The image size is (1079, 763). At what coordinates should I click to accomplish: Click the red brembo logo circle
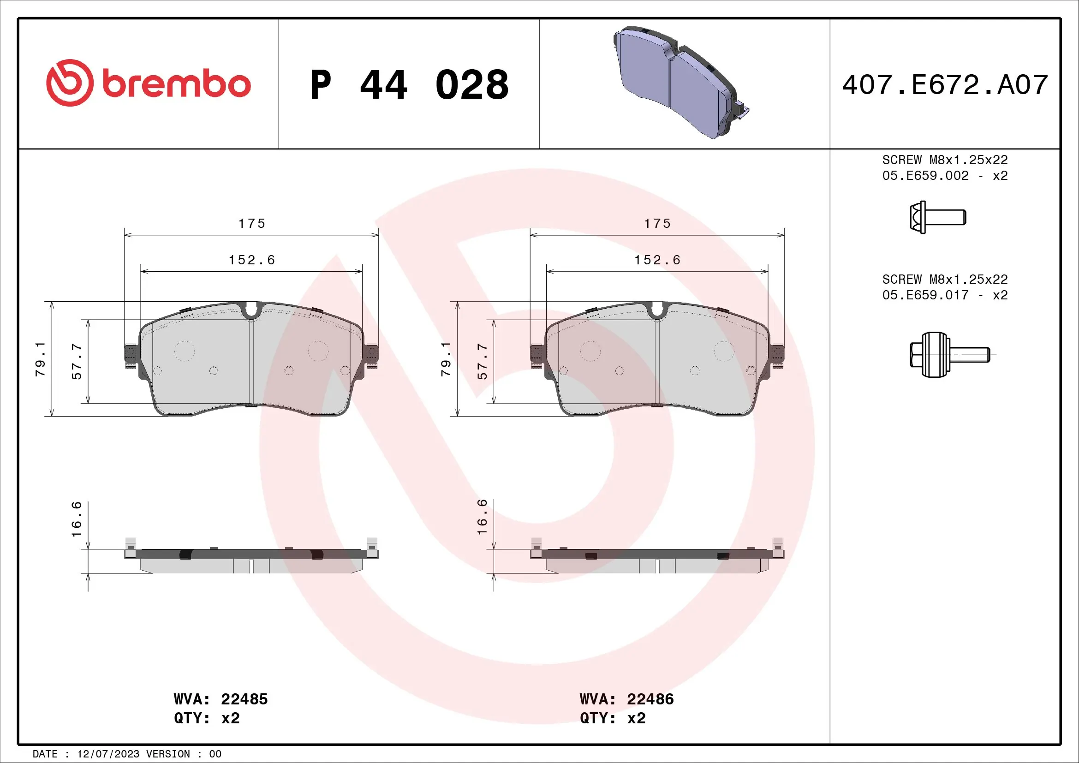pyautogui.click(x=70, y=83)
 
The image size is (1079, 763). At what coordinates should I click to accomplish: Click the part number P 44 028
pyautogui.click(x=409, y=85)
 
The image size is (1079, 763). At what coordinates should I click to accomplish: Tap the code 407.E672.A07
pyautogui.click(x=945, y=85)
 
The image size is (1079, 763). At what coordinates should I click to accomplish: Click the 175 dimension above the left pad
pyautogui.click(x=251, y=224)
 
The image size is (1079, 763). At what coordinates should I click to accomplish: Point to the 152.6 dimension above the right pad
pyautogui.click(x=657, y=260)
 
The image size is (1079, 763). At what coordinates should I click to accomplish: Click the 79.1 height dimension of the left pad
pyautogui.click(x=41, y=359)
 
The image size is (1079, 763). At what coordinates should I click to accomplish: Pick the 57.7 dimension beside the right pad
pyautogui.click(x=483, y=361)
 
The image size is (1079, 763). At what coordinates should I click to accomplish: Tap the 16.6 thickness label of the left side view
pyautogui.click(x=77, y=519)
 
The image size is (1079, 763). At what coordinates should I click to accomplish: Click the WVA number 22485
pyautogui.click(x=244, y=699)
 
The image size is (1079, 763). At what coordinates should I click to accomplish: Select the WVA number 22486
pyautogui.click(x=650, y=699)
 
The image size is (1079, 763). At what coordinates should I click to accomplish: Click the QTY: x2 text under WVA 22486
pyautogui.click(x=612, y=718)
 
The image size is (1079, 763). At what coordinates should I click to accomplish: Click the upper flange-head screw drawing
pyautogui.click(x=937, y=218)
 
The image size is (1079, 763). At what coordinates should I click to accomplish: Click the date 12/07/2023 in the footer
pyautogui.click(x=108, y=754)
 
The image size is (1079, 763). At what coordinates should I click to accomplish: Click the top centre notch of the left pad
pyautogui.click(x=251, y=310)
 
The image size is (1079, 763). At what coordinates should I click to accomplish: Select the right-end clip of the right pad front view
pyautogui.click(x=777, y=355)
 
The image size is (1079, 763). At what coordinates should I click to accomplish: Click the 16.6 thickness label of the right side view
pyautogui.click(x=483, y=517)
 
